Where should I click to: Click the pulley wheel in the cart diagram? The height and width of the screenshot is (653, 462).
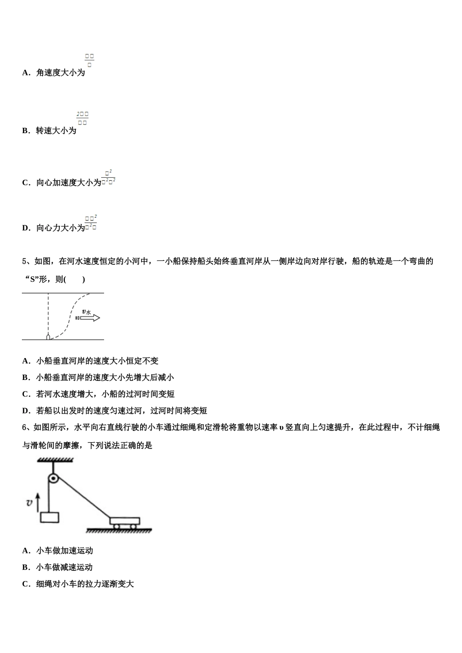(x=53, y=479)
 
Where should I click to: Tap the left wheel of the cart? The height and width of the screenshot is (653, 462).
(x=117, y=526)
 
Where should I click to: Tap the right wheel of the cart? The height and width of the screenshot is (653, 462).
(x=133, y=526)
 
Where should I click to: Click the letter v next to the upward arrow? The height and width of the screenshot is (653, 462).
(x=29, y=503)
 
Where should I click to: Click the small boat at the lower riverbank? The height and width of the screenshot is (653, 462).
(x=48, y=336)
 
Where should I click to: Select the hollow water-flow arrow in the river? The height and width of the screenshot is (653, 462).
(x=90, y=318)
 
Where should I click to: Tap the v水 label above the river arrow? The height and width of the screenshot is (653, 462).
(x=87, y=311)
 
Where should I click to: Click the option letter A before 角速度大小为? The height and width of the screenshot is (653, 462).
(x=26, y=73)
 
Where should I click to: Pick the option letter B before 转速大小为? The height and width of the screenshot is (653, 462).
(x=25, y=131)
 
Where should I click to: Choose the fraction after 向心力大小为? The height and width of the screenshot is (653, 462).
(x=91, y=223)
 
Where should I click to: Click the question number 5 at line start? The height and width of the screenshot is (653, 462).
(x=24, y=261)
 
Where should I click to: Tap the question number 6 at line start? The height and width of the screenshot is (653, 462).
(x=24, y=428)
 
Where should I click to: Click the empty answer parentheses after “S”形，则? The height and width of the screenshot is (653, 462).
(x=75, y=279)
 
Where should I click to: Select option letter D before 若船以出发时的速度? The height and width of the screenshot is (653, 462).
(x=26, y=411)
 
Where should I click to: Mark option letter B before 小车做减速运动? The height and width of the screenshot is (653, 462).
(x=25, y=567)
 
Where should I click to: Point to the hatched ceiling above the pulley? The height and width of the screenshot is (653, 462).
(x=53, y=459)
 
